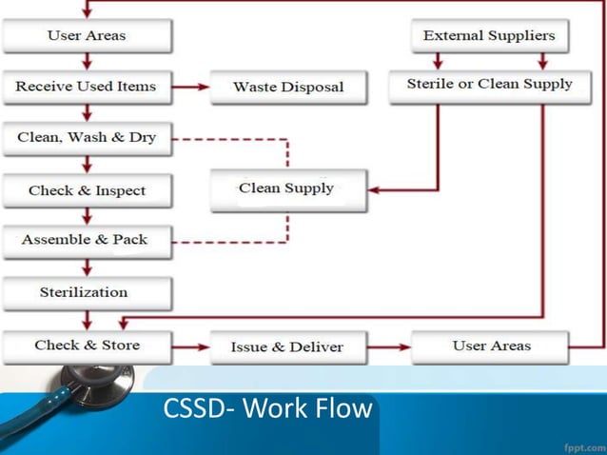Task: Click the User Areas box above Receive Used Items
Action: (x=87, y=36)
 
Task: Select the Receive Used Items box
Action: (x=87, y=87)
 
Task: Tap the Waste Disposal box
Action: (x=288, y=88)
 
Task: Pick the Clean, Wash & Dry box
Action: (x=87, y=138)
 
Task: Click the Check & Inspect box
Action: (x=87, y=190)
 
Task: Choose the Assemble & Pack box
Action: (x=87, y=240)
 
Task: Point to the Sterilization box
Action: (x=87, y=292)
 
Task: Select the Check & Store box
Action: (x=87, y=346)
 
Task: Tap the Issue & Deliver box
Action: (x=287, y=346)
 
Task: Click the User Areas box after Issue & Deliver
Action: (x=490, y=346)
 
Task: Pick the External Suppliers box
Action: (x=489, y=36)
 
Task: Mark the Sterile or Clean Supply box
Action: (x=489, y=85)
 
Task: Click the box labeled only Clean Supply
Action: (x=287, y=188)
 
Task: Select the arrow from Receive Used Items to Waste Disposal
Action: (x=191, y=87)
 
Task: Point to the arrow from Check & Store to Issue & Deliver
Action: (x=191, y=346)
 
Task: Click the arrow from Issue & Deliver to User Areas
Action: (x=390, y=346)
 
